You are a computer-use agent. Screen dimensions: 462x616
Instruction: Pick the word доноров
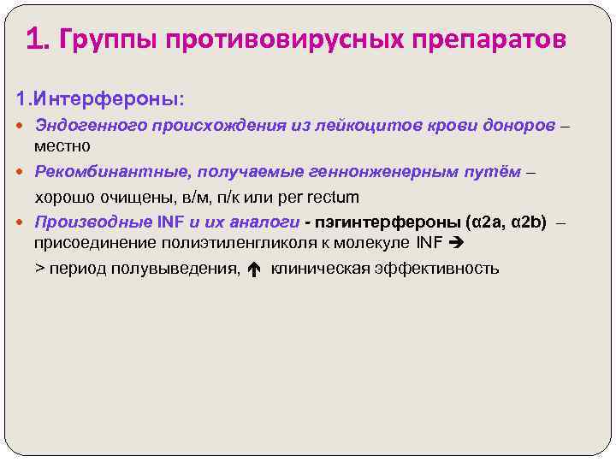[x=510, y=126]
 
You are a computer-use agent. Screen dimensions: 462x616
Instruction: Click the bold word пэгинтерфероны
[x=388, y=222]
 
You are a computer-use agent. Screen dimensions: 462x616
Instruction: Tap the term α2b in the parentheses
[x=528, y=222]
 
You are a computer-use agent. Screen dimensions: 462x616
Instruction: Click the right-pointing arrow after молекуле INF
[x=455, y=244]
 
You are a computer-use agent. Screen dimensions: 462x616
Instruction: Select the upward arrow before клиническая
[x=253, y=269]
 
